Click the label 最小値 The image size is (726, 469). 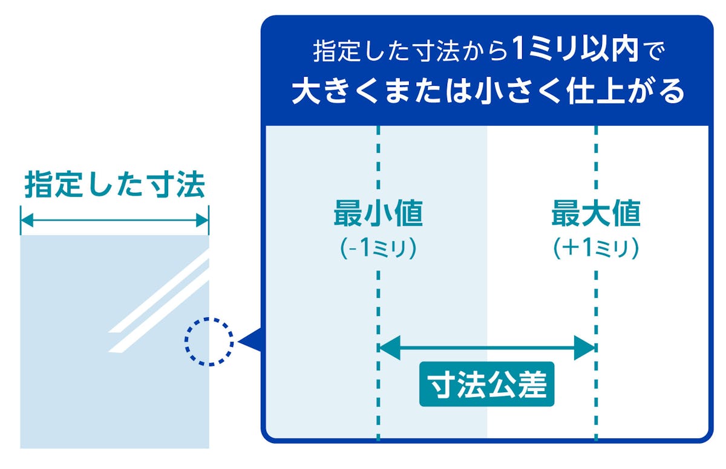[x=378, y=215]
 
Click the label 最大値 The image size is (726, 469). [x=596, y=215]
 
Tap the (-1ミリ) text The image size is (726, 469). [x=378, y=248]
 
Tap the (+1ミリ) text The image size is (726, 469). [x=596, y=248]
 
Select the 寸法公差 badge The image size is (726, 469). [x=486, y=385]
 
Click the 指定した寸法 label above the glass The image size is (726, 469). [x=115, y=186]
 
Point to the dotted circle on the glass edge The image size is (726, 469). [x=209, y=341]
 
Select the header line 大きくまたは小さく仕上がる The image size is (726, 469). [x=487, y=92]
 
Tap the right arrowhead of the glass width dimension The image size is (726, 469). [x=203, y=221]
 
